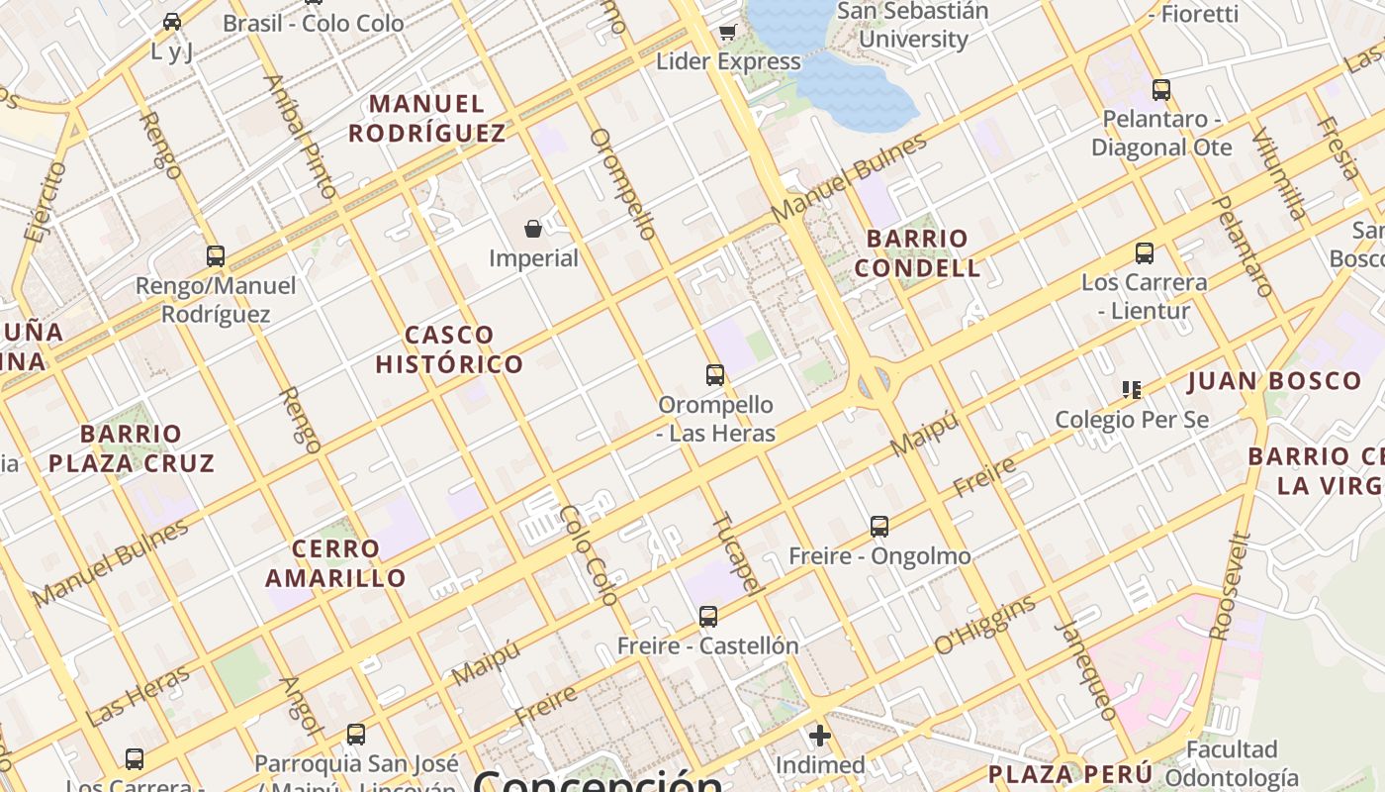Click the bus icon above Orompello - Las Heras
click(x=715, y=375)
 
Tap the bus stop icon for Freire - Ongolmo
click(x=879, y=527)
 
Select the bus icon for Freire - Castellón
click(x=708, y=617)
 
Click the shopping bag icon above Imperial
click(x=533, y=230)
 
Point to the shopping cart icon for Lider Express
click(x=728, y=33)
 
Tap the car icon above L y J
click(x=172, y=22)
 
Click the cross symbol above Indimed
click(x=819, y=736)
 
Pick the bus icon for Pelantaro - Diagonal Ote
click(x=1161, y=90)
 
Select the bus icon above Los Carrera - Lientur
click(x=1145, y=253)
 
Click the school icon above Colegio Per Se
click(x=1132, y=390)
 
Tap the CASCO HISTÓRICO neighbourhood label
click(x=449, y=349)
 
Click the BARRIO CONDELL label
click(x=917, y=253)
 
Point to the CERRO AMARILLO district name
click(x=336, y=563)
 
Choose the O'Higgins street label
click(x=985, y=625)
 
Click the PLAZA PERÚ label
click(x=1070, y=773)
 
